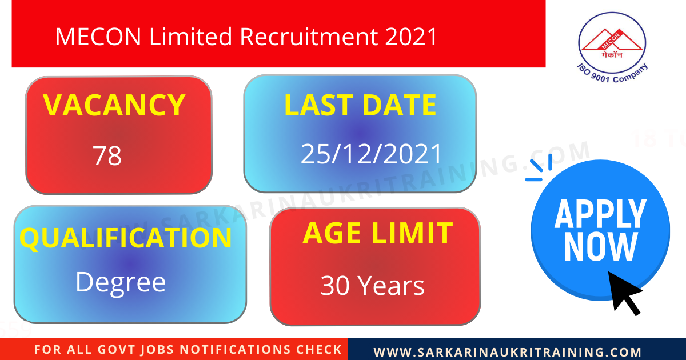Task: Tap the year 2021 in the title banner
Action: click(411, 37)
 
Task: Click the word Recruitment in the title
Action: click(309, 37)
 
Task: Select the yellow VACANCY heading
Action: click(114, 105)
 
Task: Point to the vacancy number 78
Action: click(107, 156)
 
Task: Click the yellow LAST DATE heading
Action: click(360, 106)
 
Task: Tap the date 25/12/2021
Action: click(372, 154)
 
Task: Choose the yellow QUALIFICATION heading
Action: click(126, 238)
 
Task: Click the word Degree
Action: click(121, 282)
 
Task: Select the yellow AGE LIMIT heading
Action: click(377, 233)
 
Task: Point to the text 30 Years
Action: click(372, 286)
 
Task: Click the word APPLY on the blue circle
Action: click(600, 214)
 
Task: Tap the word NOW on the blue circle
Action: click(600, 247)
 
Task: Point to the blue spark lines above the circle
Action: click(539, 168)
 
